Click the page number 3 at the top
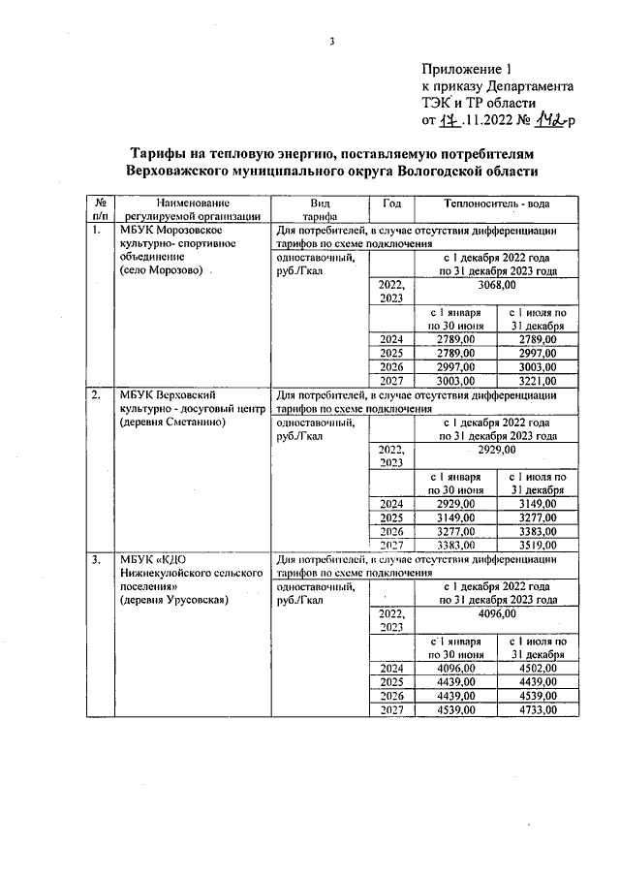(x=331, y=40)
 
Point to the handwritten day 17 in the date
(x=447, y=120)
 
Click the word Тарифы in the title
(x=159, y=154)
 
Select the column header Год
(x=391, y=203)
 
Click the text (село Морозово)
(x=162, y=272)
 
